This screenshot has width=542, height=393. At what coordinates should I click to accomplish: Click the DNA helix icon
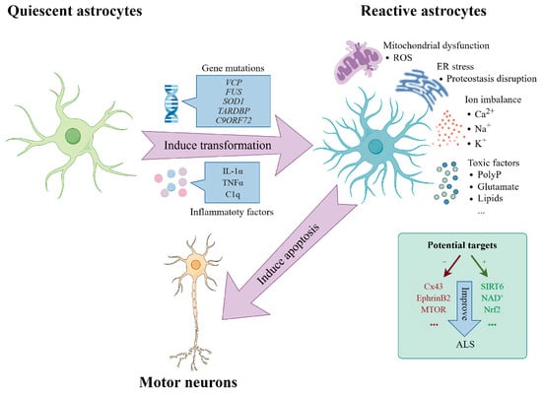[169, 100]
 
